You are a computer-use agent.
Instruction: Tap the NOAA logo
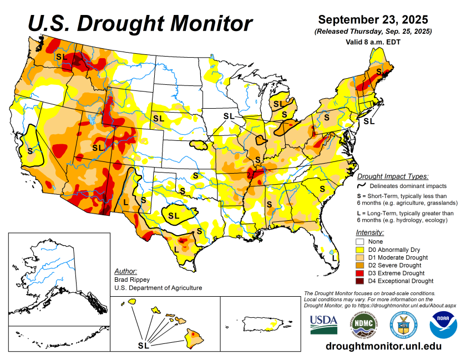pos(442,324)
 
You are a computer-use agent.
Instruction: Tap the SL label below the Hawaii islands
pos(143,346)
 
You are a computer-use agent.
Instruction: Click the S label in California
pos(29,150)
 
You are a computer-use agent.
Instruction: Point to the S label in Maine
pos(379,72)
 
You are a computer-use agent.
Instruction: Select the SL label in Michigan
pos(278,103)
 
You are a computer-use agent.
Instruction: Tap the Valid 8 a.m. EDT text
pos(376,42)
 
